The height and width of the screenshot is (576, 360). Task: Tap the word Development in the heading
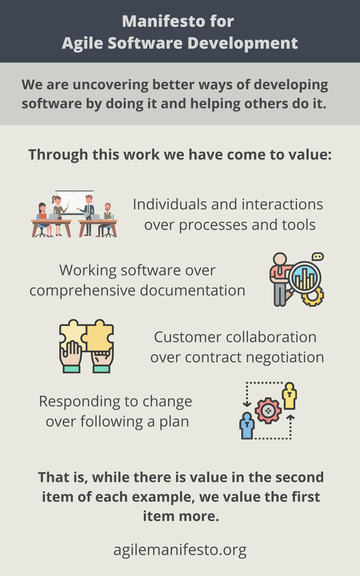(242, 43)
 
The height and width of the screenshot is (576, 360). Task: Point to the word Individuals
(170, 204)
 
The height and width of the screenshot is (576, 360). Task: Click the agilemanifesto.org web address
(180, 550)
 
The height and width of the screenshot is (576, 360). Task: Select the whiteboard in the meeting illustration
(74, 202)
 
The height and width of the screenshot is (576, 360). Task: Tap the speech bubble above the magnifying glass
(318, 256)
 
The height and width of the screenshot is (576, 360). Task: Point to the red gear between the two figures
(268, 411)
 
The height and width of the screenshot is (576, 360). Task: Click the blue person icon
(247, 426)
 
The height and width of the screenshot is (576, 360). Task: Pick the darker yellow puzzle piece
(99, 336)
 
